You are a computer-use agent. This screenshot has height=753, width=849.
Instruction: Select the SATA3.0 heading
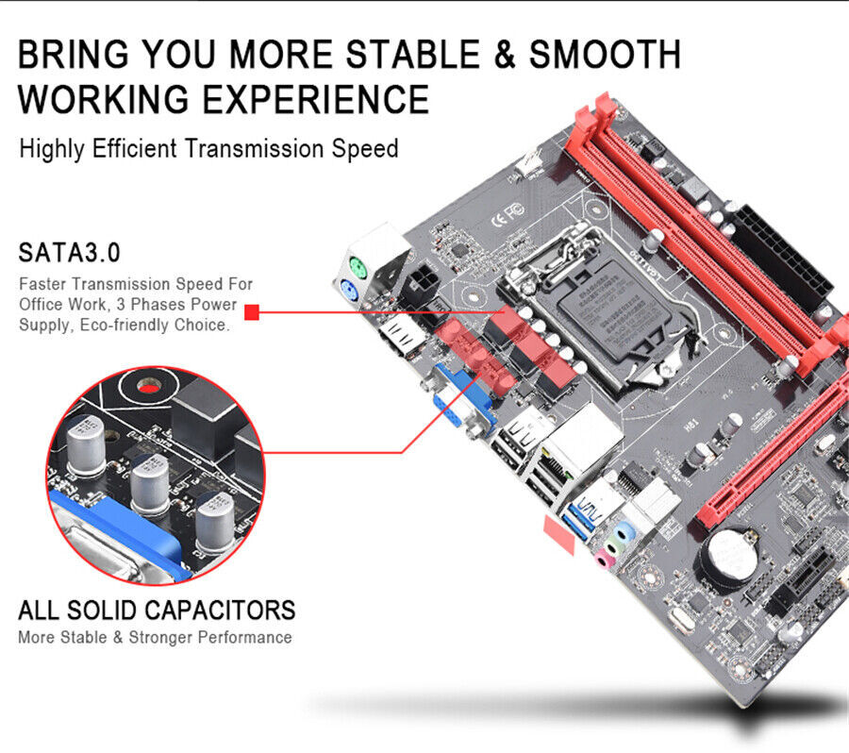pos(70,253)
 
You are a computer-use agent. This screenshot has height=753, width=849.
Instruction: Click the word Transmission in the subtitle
pos(243,149)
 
